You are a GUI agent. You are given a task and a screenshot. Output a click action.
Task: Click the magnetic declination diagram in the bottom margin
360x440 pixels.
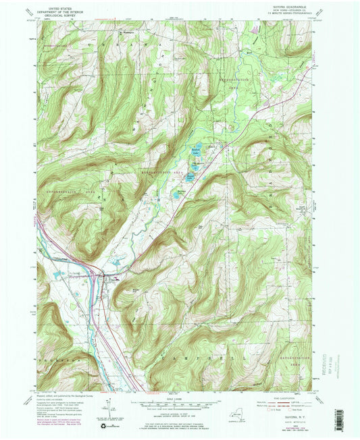(108, 407)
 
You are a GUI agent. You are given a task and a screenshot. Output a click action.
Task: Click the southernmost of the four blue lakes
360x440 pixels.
(178, 194)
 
